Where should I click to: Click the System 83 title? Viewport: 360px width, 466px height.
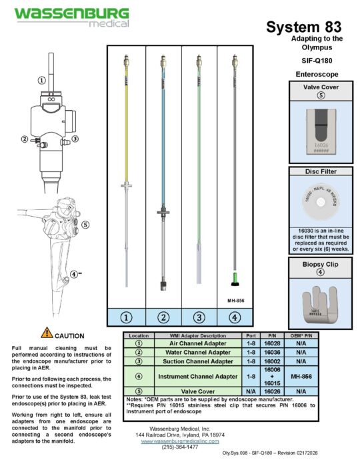tap(303, 27)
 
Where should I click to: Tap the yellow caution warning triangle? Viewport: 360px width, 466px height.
tap(47, 332)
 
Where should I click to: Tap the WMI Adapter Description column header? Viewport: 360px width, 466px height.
tap(193, 335)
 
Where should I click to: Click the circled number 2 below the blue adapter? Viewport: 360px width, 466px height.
tap(163, 317)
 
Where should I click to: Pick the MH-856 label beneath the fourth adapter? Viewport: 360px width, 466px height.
tap(235, 300)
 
